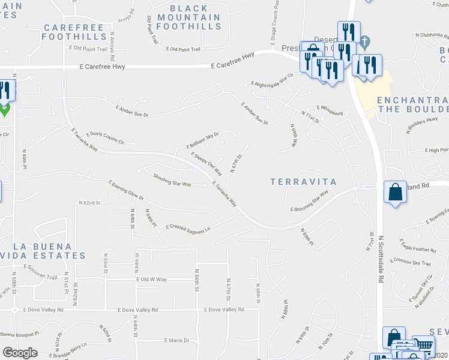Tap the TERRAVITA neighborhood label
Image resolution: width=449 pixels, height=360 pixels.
coord(303,181)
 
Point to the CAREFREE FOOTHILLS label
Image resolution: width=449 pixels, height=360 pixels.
coord(74,32)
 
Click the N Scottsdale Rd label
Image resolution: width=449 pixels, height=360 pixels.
coord(381,258)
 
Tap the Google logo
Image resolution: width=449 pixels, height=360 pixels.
coord(20,353)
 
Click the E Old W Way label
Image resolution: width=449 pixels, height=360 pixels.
coord(151,280)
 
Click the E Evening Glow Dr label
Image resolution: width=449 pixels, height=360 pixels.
coord(126,190)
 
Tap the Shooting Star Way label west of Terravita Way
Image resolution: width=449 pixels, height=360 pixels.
coord(172,180)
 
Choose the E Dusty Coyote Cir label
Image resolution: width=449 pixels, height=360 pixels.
coord(105,138)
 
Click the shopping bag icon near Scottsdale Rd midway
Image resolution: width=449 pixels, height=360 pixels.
coord(395,193)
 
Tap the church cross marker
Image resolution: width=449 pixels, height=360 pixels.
coord(366,41)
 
